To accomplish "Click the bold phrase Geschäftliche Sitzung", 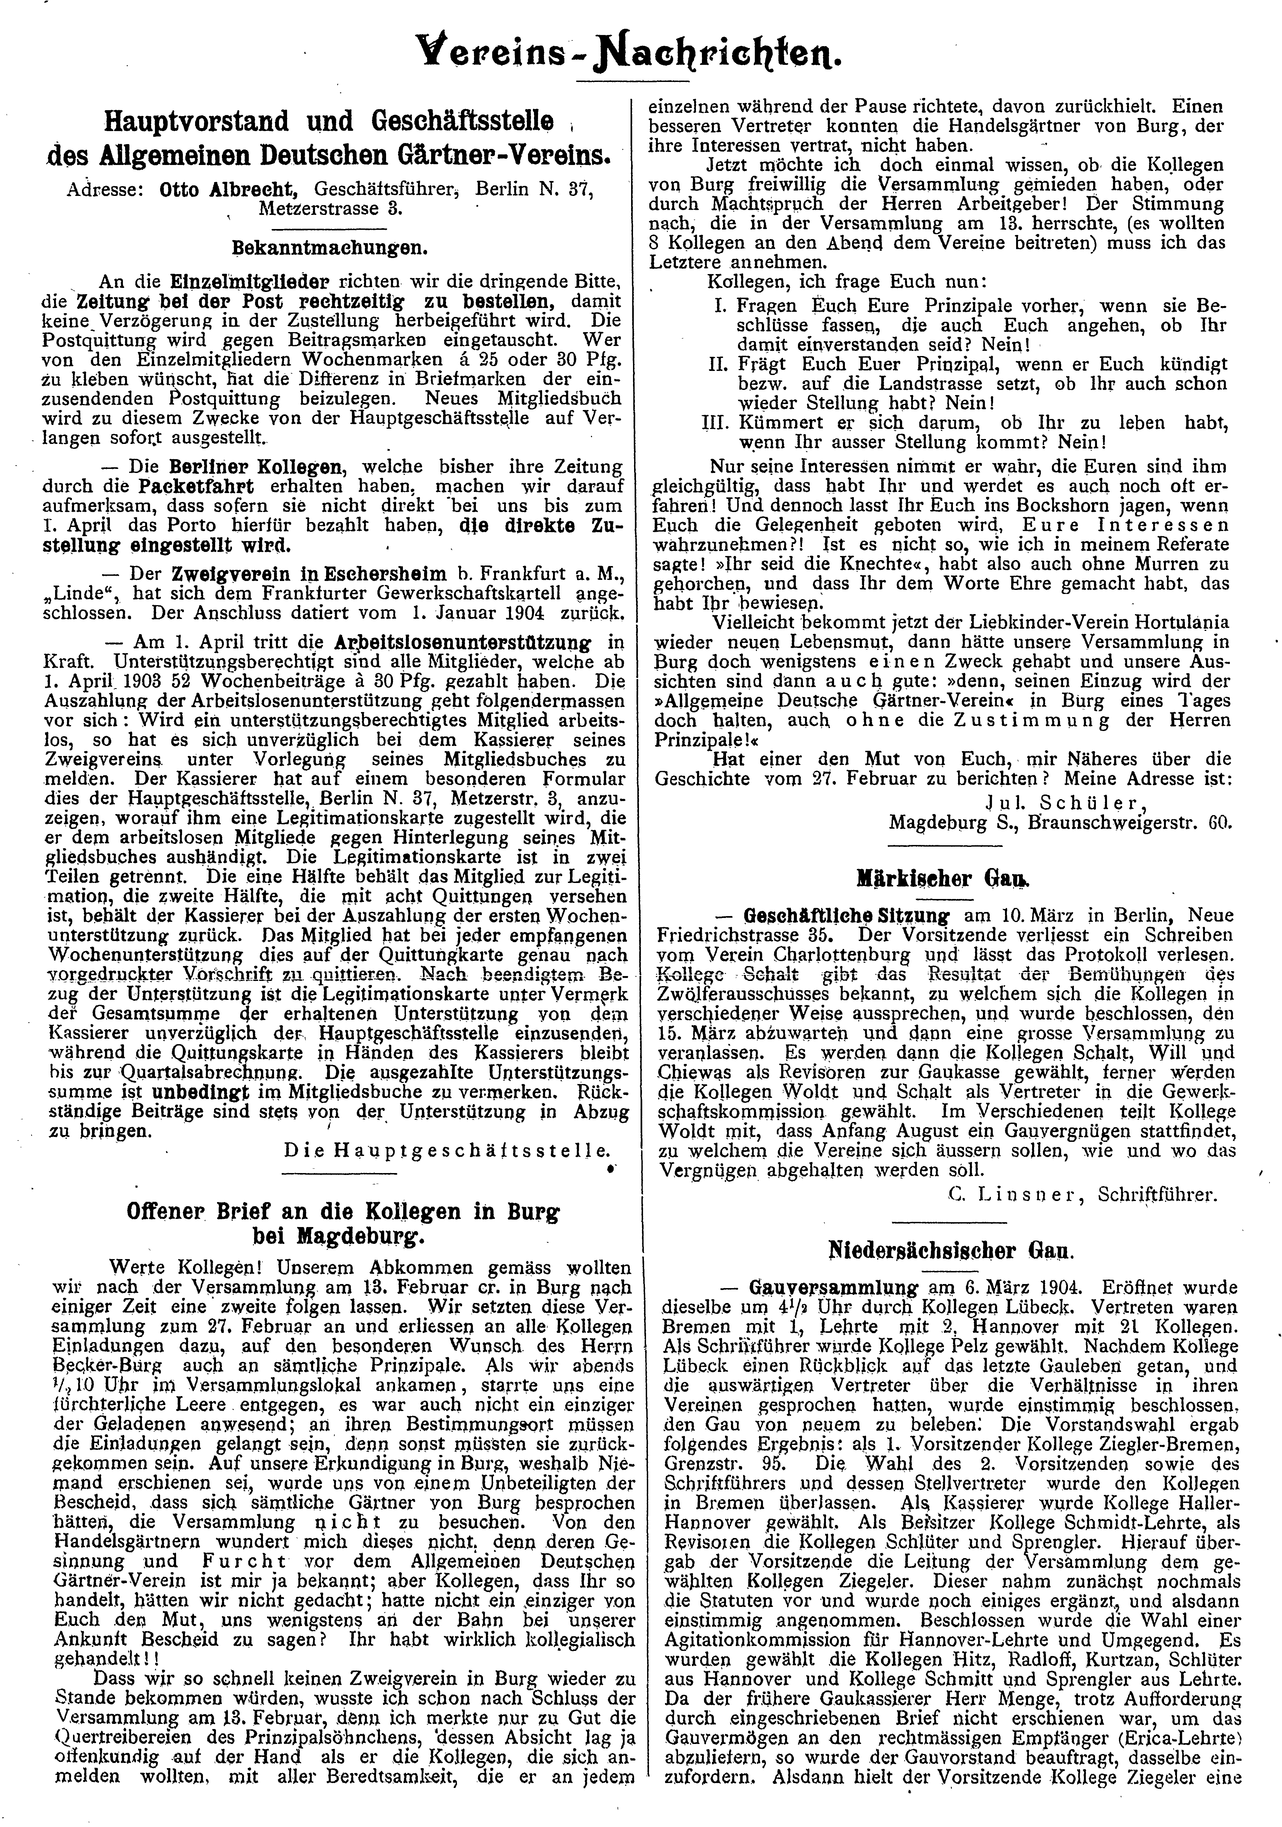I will point(846,916).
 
